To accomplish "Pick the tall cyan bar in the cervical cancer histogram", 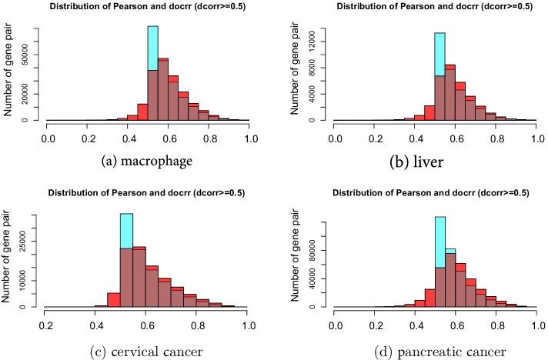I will point(126,231).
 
